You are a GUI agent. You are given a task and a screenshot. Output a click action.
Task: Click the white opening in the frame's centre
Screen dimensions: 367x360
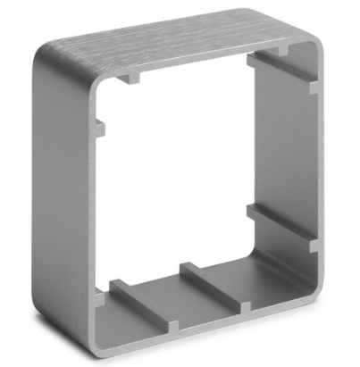coord(179,170)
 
